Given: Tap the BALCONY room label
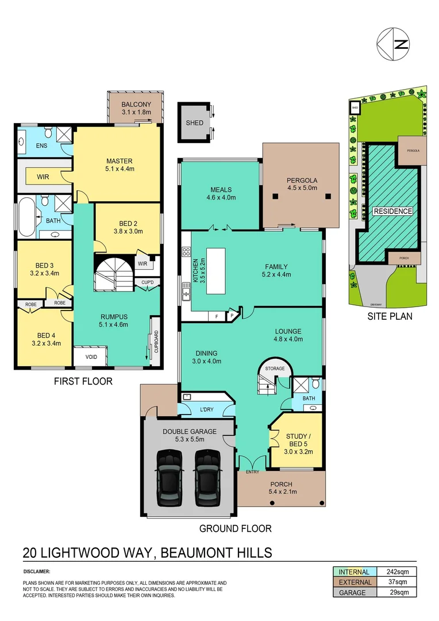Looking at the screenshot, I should (136, 104).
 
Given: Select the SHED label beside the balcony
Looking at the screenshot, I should (194, 123).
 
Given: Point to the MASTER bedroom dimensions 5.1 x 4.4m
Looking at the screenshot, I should (120, 169).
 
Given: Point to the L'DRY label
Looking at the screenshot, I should (206, 409).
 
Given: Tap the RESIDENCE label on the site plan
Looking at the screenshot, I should (393, 211).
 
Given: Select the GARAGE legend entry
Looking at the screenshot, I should (352, 592).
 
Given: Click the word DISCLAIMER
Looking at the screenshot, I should (37, 572).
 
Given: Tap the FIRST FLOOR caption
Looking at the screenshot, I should (83, 381).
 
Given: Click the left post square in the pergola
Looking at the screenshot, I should (275, 197).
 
